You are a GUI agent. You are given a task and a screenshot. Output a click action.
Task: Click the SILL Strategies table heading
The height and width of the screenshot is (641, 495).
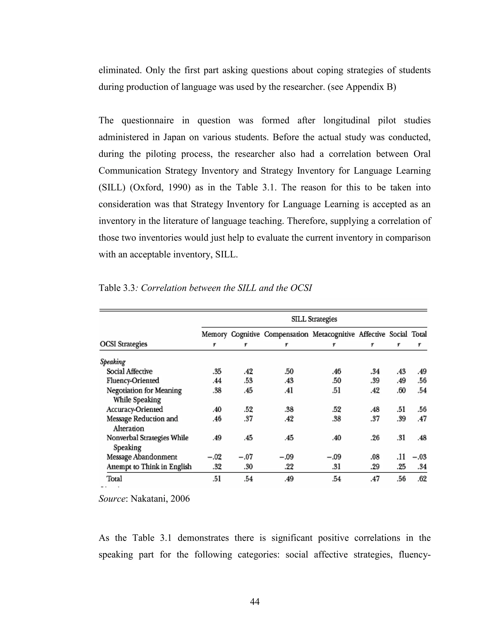[x=314, y=319]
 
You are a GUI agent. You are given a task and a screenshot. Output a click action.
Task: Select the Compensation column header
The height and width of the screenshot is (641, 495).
[x=286, y=334]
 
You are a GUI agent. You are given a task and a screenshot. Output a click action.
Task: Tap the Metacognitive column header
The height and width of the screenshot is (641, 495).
[x=333, y=334]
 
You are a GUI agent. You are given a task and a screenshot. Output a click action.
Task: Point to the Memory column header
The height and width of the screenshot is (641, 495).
[x=214, y=334]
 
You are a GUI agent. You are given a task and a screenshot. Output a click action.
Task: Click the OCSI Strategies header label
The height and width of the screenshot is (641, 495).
[x=124, y=344]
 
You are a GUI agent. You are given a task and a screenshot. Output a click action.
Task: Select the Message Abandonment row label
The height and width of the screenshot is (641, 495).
[x=142, y=457]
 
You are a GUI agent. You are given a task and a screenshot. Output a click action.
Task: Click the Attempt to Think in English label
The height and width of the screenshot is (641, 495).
[x=149, y=467]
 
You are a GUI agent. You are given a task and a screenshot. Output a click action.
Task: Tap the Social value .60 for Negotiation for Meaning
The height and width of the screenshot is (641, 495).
[x=401, y=390]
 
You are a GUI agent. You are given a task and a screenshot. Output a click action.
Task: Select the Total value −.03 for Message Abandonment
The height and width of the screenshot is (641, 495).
[x=419, y=457]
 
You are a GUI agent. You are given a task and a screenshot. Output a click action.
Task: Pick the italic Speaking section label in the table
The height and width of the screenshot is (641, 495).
[x=113, y=362]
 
